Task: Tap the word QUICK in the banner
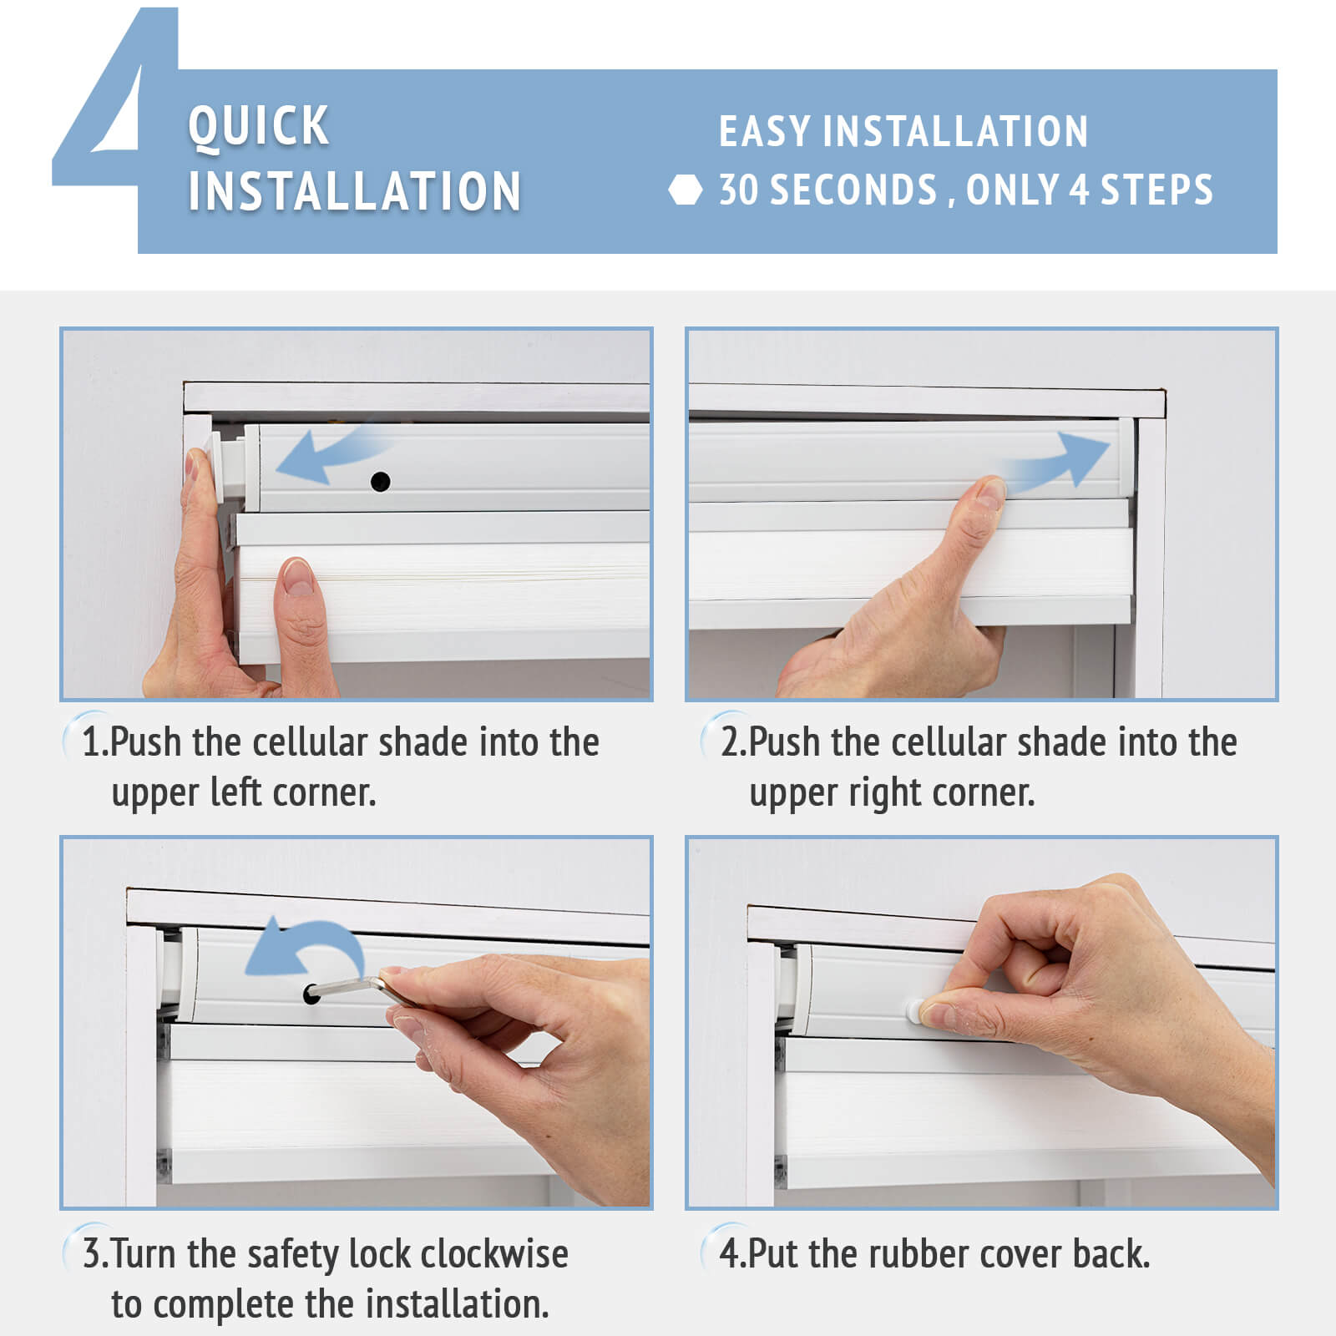tap(259, 126)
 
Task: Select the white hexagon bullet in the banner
tap(686, 190)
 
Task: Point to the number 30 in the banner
tap(738, 190)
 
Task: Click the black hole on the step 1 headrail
tap(380, 482)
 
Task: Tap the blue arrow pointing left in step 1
tap(330, 454)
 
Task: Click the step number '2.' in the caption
tap(733, 742)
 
